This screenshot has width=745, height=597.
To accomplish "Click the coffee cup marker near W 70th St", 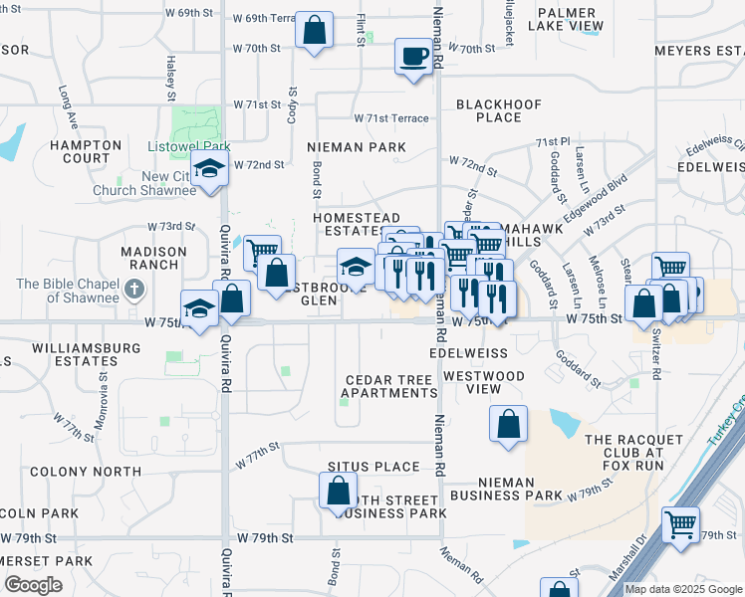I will click(413, 56).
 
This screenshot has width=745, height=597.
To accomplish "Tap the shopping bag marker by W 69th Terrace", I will click(314, 31).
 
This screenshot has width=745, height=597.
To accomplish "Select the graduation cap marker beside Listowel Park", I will click(210, 170).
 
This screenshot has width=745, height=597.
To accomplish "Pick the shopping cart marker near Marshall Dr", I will click(681, 524).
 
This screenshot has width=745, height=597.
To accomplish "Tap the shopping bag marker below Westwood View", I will click(507, 424).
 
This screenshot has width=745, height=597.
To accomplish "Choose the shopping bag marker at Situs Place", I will click(338, 490).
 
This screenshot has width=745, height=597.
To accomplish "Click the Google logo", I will click(33, 584).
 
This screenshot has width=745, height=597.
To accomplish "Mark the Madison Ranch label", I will click(153, 259).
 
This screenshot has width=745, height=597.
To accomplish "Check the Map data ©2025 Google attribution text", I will click(684, 589).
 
